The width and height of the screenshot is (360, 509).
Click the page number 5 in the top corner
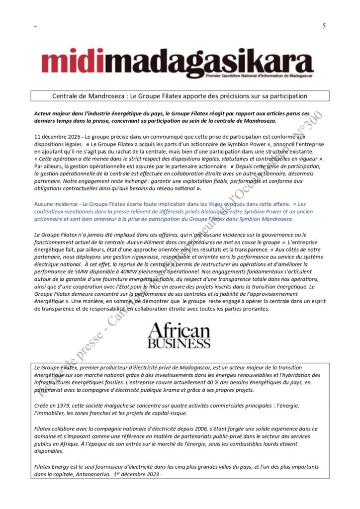(324, 26)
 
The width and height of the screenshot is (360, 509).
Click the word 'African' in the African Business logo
(179, 330)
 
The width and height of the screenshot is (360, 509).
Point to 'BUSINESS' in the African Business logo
(179, 343)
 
